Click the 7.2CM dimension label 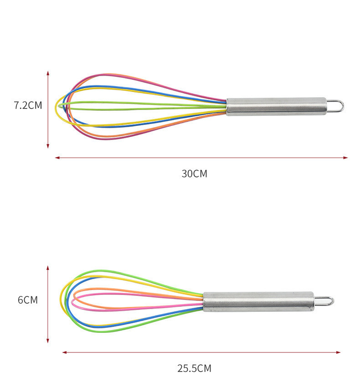[28, 105]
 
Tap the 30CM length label [194, 174]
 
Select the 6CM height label [28, 300]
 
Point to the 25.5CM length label [194, 368]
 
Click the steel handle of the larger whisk [277, 107]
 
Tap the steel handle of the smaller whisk [259, 301]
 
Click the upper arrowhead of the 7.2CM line [48, 73]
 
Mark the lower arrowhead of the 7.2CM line [48, 146]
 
